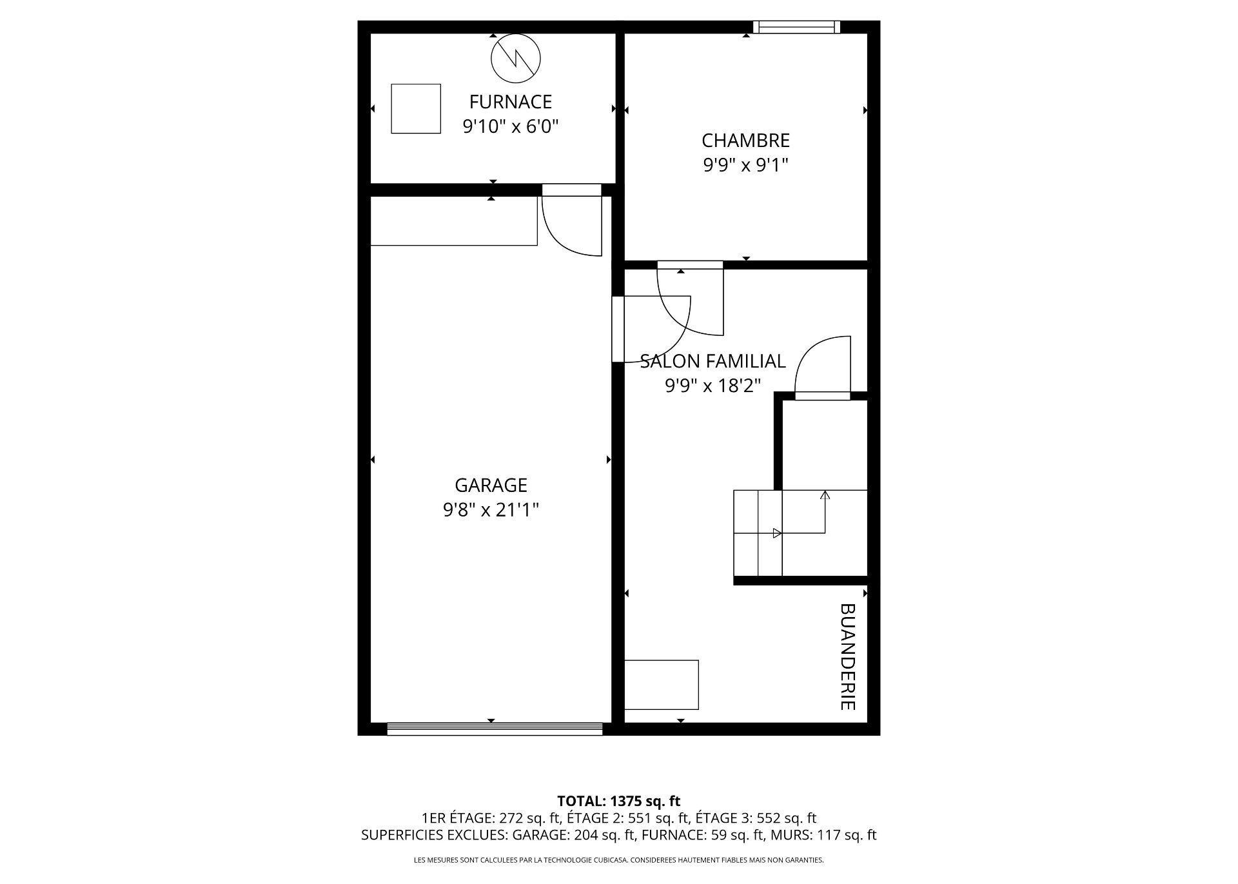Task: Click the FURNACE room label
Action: click(510, 102)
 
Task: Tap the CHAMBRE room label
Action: click(745, 141)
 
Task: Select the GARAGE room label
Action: click(491, 485)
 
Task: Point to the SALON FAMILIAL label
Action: click(712, 361)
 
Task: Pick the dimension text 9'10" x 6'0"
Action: click(510, 126)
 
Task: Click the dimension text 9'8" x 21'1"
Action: click(491, 510)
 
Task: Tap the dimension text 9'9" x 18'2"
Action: click(712, 386)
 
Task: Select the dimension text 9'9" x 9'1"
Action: click(745, 166)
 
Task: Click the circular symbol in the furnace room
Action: click(515, 58)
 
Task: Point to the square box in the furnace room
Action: click(416, 108)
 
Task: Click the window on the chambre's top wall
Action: click(797, 27)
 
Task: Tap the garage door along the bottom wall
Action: click(495, 729)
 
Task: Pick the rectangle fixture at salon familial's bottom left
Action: click(662, 684)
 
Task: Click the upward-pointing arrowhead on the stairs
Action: click(825, 495)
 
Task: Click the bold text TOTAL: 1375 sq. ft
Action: click(618, 801)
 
